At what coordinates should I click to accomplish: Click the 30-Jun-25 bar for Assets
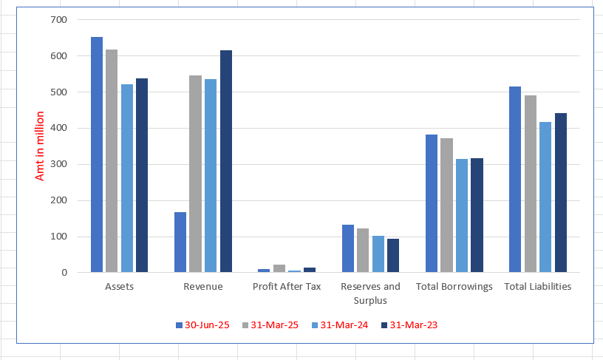pyautogui.click(x=97, y=154)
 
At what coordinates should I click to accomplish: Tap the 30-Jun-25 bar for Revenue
pyautogui.click(x=180, y=242)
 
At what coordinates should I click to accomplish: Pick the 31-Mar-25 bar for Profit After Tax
pyautogui.click(x=279, y=268)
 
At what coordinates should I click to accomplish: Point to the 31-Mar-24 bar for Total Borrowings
pyautogui.click(x=462, y=216)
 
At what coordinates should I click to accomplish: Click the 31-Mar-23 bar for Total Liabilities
pyautogui.click(x=561, y=193)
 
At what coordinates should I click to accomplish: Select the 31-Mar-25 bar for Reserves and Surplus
pyautogui.click(x=363, y=251)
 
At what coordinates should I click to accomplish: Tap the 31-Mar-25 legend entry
pyautogui.click(x=269, y=325)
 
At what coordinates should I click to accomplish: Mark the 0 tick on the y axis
pyautogui.click(x=64, y=273)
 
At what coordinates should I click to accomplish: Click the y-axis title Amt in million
pyautogui.click(x=40, y=146)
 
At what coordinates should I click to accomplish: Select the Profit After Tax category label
pyautogui.click(x=287, y=287)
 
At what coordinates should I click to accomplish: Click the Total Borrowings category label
pyautogui.click(x=454, y=287)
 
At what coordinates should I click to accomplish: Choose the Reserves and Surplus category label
pyautogui.click(x=370, y=293)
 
